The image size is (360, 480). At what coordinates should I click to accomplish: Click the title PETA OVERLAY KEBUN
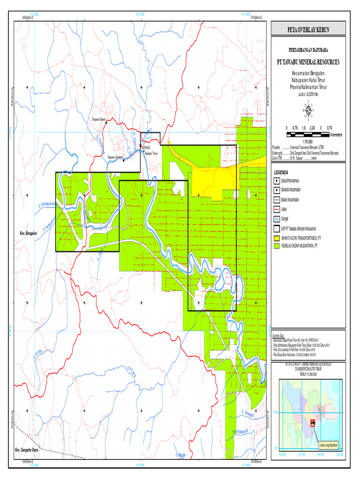[x=308, y=30]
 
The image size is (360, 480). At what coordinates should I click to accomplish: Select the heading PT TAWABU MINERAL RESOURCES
[x=308, y=62]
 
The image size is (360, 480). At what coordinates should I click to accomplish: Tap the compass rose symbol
[x=308, y=111]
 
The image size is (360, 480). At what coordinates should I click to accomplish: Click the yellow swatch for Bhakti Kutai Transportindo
[x=277, y=237]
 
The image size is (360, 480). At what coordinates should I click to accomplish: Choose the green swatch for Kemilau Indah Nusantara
[x=277, y=245]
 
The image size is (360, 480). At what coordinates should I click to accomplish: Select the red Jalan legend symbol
[x=277, y=209]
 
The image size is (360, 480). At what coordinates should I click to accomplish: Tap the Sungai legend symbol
[x=277, y=218]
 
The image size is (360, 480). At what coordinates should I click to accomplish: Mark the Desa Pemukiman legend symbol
[x=277, y=180]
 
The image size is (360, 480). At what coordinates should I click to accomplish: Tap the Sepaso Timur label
[x=152, y=153]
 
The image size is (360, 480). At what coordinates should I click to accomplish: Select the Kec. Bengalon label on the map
[x=28, y=233]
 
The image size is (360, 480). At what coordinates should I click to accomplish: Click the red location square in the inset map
[x=313, y=423]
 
